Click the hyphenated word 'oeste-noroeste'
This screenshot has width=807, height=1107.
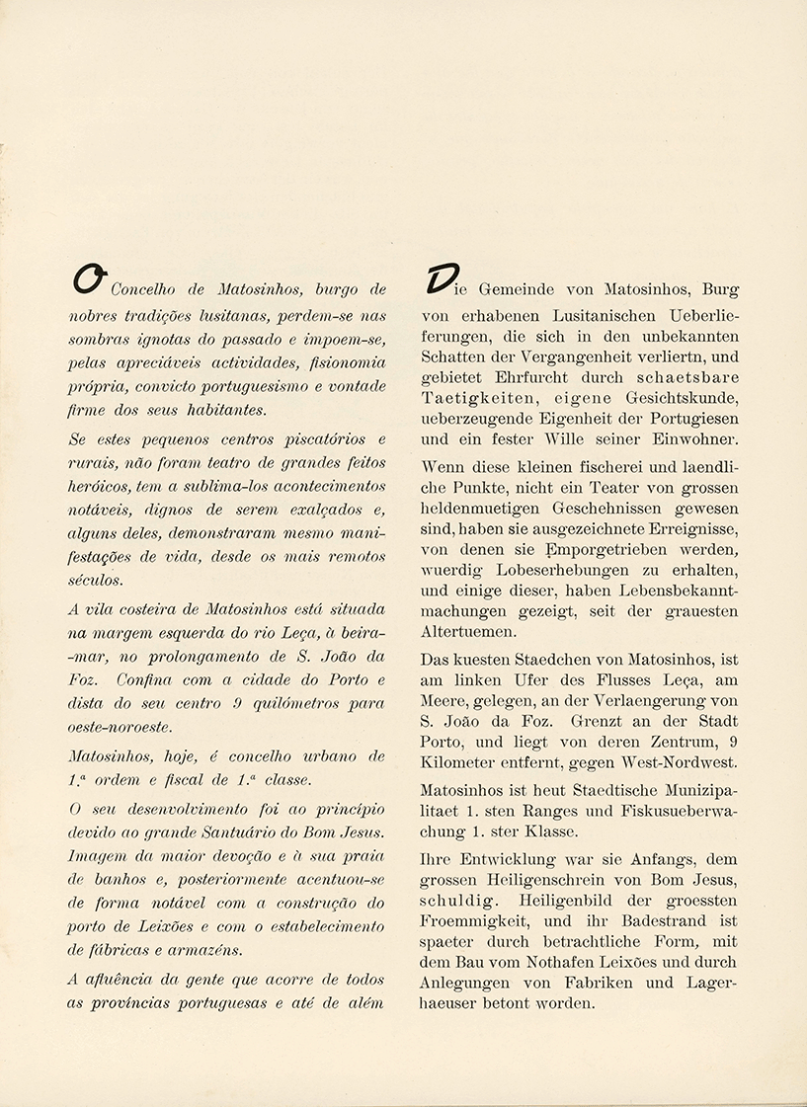119,728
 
